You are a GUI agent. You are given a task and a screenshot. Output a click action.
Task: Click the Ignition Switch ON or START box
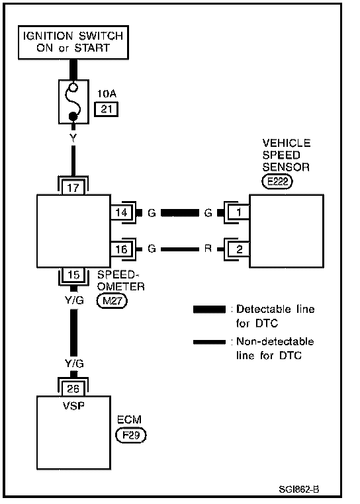pyautogui.click(x=73, y=42)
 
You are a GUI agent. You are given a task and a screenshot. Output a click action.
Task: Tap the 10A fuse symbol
pyautogui.click(x=73, y=102)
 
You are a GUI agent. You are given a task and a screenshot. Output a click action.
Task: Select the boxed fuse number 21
pyautogui.click(x=106, y=109)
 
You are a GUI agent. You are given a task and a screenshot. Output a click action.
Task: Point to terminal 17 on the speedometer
pyautogui.click(x=73, y=187)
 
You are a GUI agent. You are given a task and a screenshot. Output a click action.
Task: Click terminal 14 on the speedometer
pyautogui.click(x=122, y=212)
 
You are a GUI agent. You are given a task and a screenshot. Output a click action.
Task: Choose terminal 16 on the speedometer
pyautogui.click(x=122, y=249)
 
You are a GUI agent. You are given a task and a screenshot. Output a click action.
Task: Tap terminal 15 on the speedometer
pyautogui.click(x=73, y=274)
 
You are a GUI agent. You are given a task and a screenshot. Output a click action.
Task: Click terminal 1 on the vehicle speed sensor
pyautogui.click(x=239, y=212)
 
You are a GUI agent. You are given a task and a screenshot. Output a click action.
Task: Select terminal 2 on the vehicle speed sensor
pyautogui.click(x=239, y=249)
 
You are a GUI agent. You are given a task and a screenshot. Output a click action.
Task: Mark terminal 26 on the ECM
pyautogui.click(x=73, y=389)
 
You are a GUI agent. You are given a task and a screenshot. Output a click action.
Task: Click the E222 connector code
pyautogui.click(x=277, y=182)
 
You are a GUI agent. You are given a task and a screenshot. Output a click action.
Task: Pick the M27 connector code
pyautogui.click(x=112, y=301)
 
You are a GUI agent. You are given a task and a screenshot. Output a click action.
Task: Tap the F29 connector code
pyautogui.click(x=130, y=435)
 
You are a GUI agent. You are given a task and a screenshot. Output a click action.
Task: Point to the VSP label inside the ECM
pyautogui.click(x=73, y=405)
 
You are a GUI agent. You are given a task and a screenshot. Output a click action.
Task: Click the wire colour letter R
pyautogui.click(x=208, y=249)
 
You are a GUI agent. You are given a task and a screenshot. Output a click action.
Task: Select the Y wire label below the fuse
pyautogui.click(x=73, y=138)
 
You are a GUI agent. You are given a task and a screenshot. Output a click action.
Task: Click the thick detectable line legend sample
pyautogui.click(x=209, y=310)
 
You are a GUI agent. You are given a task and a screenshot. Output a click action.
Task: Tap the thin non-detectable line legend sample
pyautogui.click(x=209, y=342)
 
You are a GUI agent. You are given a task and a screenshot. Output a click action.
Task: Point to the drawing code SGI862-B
pyautogui.click(x=299, y=489)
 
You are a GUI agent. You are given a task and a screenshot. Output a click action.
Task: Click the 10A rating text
pyautogui.click(x=107, y=94)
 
